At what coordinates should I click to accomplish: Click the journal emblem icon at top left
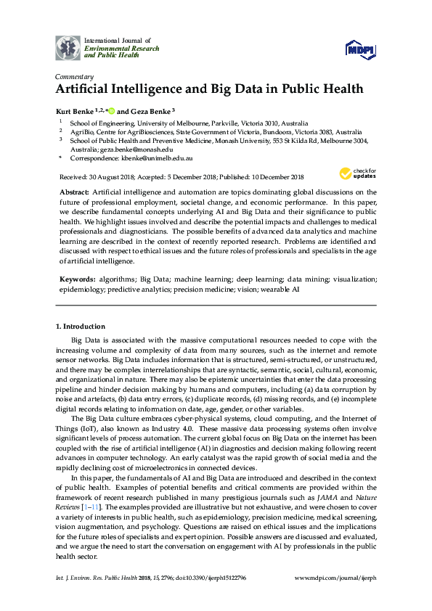point(70,47)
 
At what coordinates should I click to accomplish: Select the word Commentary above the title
point(74,77)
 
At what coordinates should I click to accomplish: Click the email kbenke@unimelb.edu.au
point(157,157)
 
